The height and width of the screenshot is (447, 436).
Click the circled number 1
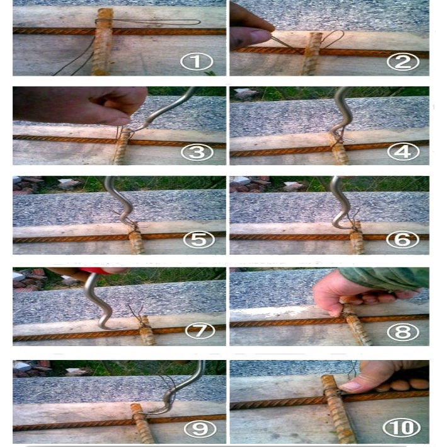pos(197,62)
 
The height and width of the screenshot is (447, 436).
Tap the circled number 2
pos(403,62)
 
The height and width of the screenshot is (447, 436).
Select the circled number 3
pos(197,152)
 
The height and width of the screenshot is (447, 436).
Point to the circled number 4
pos(403,152)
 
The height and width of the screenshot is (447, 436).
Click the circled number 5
pos(199,240)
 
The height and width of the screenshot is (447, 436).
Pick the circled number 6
pos(403,240)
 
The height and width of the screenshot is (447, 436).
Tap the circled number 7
pos(200,331)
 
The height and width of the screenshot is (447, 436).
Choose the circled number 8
pos(403,332)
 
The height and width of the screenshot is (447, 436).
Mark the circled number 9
pos(200,429)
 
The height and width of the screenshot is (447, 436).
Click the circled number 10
pos(401,427)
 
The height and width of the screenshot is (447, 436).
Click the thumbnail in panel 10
pos(353,386)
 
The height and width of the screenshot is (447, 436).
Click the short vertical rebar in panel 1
pos(103,42)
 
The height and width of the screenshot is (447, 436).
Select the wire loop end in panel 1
pos(198,22)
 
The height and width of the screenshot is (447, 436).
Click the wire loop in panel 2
pos(333,38)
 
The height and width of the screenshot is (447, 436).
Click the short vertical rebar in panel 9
pos(143,423)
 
